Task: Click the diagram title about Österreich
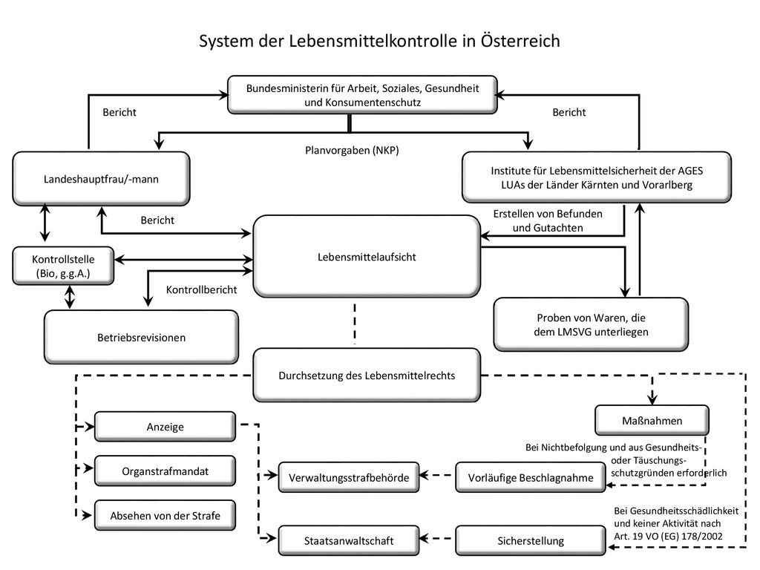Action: [379, 41]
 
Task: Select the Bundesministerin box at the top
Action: [362, 95]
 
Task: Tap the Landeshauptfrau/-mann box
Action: [101, 179]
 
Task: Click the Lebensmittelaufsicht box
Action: [367, 256]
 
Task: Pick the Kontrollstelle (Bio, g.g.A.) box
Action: [63, 266]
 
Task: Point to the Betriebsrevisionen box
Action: [142, 338]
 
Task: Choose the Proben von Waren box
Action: [591, 324]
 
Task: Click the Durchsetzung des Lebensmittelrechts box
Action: [367, 375]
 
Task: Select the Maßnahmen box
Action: [652, 420]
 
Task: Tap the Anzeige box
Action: [166, 427]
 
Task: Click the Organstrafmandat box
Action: [166, 471]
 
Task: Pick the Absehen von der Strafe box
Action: [166, 515]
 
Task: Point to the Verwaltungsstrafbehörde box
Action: [349, 477]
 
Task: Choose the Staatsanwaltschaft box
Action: [349, 540]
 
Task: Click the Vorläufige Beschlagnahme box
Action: [531, 477]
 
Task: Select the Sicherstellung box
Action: [531, 540]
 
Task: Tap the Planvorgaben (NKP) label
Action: [352, 150]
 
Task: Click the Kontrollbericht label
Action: [202, 289]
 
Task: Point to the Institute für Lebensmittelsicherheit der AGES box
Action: [597, 177]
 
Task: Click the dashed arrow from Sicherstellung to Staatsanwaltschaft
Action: [437, 538]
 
